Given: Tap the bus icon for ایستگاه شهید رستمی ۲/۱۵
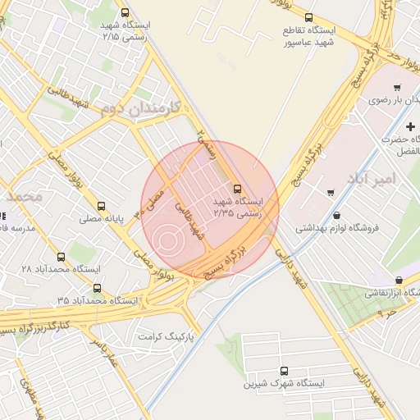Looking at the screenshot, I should (x=125, y=13).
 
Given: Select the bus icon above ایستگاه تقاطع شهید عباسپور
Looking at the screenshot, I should (x=308, y=17).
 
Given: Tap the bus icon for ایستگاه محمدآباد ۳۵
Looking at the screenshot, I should (x=98, y=287).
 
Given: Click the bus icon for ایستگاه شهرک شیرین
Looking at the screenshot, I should (x=284, y=371).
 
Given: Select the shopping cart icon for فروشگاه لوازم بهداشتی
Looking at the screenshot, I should (x=331, y=194).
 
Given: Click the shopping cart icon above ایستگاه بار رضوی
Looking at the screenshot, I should (x=397, y=87).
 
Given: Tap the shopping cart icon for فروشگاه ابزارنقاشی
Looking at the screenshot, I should (x=398, y=281).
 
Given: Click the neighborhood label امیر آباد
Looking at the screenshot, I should (x=377, y=177).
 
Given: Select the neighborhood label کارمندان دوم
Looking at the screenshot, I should (x=136, y=107).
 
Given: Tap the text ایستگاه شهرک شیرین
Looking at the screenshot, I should (x=284, y=384).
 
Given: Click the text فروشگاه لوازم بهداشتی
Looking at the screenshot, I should (x=343, y=227).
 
